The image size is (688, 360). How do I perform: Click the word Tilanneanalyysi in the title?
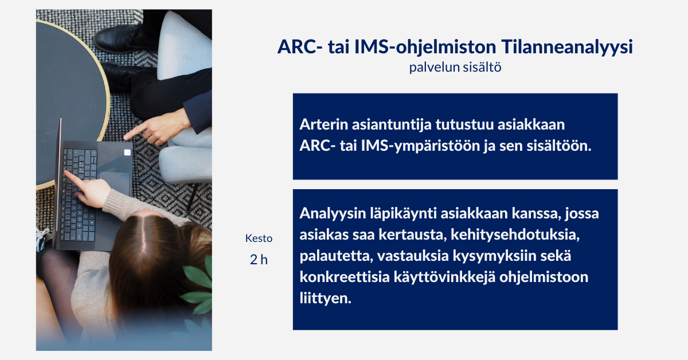coord(567,48)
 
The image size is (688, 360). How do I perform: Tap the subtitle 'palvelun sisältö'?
coord(455,67)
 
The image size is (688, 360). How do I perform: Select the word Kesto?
coord(259,238)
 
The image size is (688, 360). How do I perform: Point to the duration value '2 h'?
coord(259,260)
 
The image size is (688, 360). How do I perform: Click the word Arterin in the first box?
coord(324,124)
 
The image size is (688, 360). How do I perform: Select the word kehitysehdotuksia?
coord(515,234)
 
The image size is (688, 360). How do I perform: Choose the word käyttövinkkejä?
coord(444,277)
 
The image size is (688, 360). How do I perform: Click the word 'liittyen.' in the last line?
coord(325,298)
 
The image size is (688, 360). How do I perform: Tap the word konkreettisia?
coord(345,277)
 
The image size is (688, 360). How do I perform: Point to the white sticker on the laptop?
coord(127,152)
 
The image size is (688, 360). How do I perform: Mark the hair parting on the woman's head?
coord(144,237)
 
